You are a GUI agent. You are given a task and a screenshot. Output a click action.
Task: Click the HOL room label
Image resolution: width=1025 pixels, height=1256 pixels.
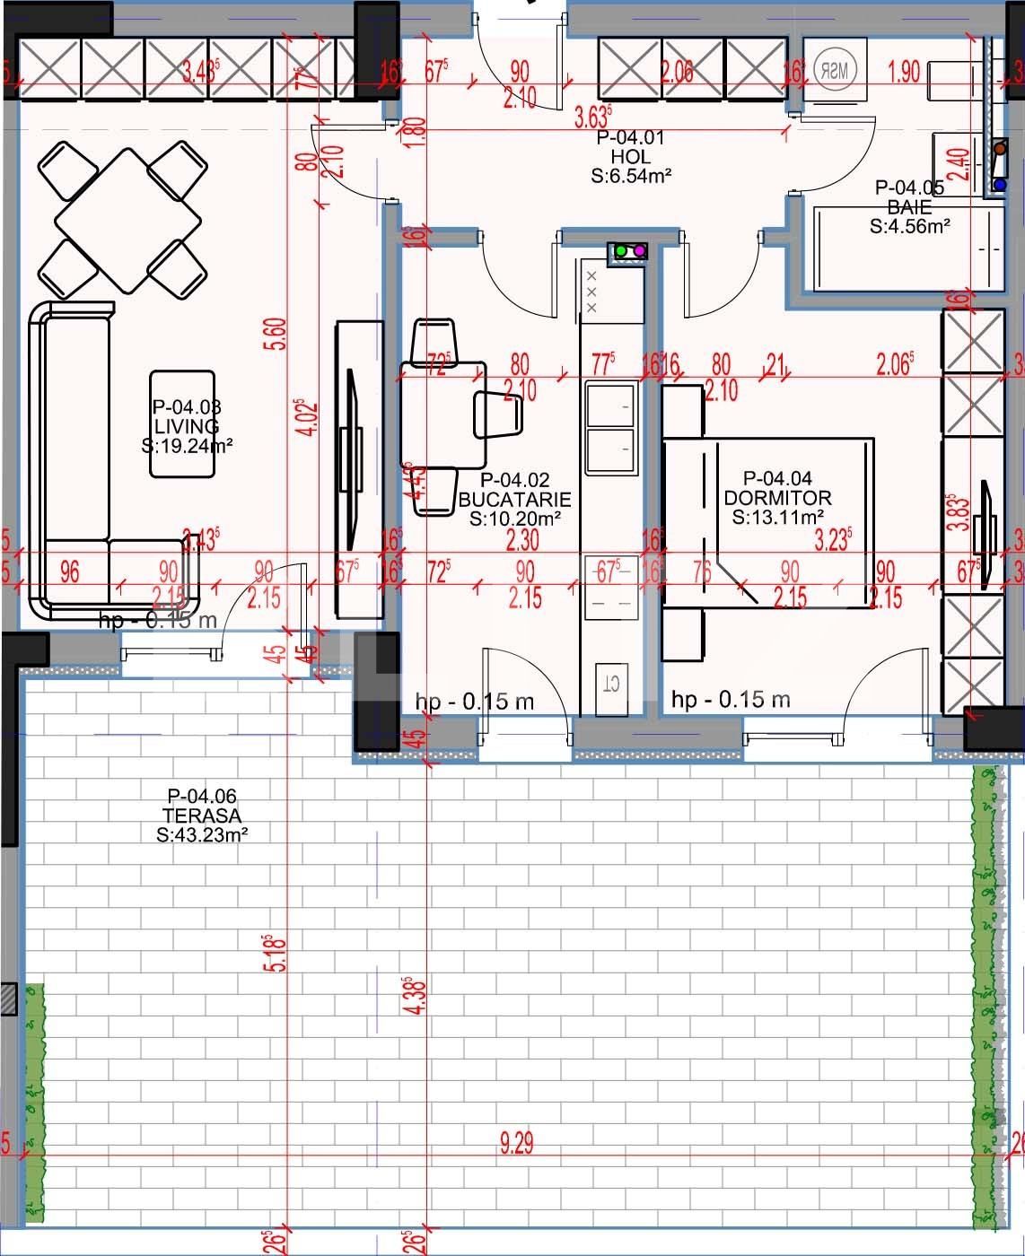click(x=630, y=157)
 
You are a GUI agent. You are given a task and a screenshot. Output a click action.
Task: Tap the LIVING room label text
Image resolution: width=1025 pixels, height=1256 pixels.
click(x=186, y=425)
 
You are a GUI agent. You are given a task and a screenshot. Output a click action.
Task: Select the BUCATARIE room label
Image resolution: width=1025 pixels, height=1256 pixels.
click(x=514, y=499)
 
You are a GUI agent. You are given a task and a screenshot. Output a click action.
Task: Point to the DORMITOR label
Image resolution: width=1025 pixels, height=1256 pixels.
click(x=777, y=498)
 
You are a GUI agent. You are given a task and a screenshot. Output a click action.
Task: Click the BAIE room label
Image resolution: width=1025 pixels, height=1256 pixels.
click(x=909, y=207)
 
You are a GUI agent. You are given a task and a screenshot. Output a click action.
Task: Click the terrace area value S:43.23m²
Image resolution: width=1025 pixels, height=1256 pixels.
click(x=202, y=834)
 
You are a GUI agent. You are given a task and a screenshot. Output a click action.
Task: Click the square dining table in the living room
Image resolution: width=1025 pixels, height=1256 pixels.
click(x=119, y=221)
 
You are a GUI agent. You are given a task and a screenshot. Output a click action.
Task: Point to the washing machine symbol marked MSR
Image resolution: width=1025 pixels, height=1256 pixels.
click(x=835, y=69)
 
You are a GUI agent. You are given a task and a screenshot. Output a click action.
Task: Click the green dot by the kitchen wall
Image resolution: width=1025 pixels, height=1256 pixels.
click(x=621, y=251)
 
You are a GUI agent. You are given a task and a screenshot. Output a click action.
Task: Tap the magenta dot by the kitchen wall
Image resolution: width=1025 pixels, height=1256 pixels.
click(x=639, y=251)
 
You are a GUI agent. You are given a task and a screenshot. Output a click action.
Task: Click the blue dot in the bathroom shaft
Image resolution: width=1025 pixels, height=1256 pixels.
click(x=999, y=186)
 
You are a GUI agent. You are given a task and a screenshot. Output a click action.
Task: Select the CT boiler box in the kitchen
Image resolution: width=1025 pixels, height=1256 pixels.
click(x=611, y=685)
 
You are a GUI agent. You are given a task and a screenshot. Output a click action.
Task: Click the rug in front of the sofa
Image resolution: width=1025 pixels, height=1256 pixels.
click(x=182, y=424)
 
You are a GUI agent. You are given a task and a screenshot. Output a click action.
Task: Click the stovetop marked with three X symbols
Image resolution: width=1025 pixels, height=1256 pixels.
click(x=592, y=292)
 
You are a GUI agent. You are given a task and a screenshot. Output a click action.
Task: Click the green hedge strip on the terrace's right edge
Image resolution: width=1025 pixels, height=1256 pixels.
click(x=988, y=987)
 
